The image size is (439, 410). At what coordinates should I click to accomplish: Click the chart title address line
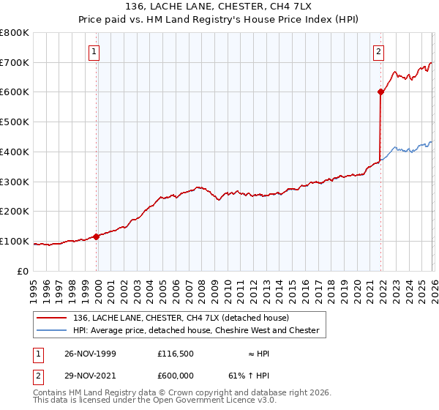[219, 7]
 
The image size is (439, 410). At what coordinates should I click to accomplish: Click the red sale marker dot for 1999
[97, 236]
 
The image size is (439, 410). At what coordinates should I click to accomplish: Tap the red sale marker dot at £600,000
[380, 92]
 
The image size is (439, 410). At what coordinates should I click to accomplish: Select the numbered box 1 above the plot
[95, 51]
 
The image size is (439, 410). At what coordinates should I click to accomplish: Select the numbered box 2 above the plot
[378, 51]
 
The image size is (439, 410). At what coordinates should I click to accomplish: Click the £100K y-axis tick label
[15, 241]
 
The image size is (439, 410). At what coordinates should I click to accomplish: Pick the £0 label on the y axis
[23, 271]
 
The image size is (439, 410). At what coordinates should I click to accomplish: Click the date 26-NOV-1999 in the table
[90, 354]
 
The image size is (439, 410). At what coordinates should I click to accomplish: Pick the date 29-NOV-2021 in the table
[90, 377]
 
